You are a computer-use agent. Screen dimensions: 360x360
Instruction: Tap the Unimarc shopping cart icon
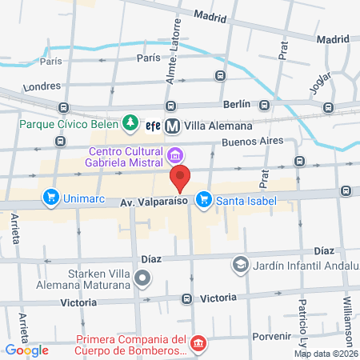point(51,195)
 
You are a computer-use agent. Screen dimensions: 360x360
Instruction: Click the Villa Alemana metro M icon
point(172,125)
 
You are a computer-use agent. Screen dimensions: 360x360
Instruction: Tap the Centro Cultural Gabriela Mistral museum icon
point(175,153)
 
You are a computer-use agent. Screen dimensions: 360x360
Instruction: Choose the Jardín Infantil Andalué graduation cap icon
point(240,264)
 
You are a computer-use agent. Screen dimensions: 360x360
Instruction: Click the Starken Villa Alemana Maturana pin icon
point(142,278)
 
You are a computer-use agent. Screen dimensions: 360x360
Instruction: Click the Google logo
point(26,350)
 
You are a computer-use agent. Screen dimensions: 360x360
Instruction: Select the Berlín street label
point(237,104)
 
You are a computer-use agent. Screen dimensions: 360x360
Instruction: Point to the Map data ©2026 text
point(326,354)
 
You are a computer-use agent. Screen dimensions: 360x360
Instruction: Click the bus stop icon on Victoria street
point(186,298)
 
